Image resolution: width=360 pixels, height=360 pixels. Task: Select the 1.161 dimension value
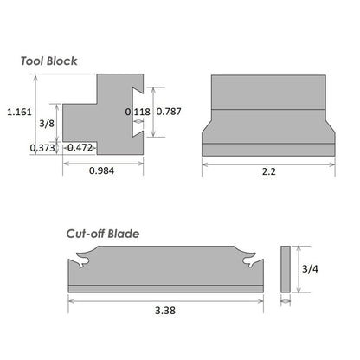17,111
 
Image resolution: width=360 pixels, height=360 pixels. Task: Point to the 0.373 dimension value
42,148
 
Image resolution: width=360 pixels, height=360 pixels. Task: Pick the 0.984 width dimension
101,170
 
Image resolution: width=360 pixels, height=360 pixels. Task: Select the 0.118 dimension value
138,112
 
